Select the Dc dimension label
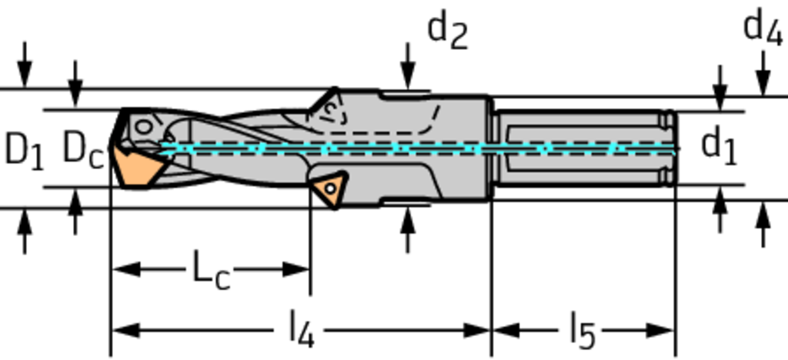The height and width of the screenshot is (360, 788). [82, 147]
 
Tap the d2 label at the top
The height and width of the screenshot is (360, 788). [447, 31]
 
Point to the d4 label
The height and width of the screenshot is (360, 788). [763, 28]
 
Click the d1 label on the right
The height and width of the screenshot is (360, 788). [719, 145]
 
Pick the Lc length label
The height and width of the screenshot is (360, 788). [210, 271]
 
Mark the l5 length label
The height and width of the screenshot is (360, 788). [582, 331]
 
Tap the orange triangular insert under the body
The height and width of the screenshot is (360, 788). [329, 188]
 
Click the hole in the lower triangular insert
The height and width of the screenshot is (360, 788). [329, 187]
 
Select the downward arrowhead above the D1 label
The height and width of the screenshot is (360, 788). [25, 78]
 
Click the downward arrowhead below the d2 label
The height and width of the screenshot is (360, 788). [408, 79]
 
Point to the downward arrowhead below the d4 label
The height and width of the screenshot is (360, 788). [763, 84]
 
